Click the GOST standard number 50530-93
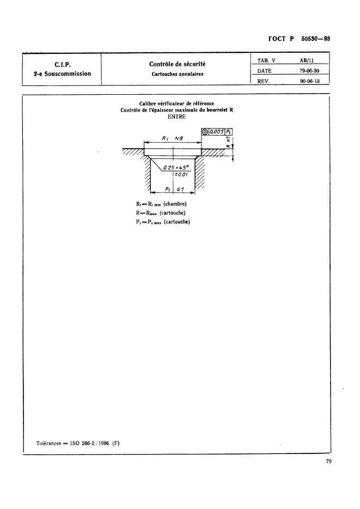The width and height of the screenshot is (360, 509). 316,39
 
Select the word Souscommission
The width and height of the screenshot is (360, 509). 65,73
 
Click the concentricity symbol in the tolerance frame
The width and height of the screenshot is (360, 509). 205,132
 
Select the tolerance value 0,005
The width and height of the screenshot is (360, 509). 217,132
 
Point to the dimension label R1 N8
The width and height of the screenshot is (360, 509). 173,139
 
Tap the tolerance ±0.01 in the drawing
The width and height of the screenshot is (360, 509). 181,175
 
